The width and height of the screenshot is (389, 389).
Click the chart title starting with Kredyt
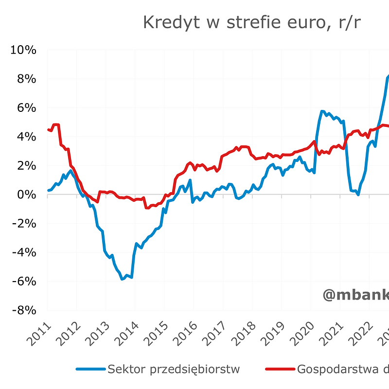251,22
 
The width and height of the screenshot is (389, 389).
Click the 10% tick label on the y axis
23,50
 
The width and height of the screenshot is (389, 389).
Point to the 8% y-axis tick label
26,79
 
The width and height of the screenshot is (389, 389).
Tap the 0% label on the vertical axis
26,194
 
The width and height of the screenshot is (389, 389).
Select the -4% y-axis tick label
23,252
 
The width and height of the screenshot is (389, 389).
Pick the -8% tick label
23,310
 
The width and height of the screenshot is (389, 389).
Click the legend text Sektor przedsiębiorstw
174,369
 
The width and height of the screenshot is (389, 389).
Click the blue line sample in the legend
91,370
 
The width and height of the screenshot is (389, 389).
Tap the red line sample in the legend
280,370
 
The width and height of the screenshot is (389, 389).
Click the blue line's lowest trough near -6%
123,279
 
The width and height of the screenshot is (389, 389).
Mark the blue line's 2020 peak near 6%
322,111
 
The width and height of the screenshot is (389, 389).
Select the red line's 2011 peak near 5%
56,125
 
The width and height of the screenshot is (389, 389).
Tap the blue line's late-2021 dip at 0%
358,194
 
